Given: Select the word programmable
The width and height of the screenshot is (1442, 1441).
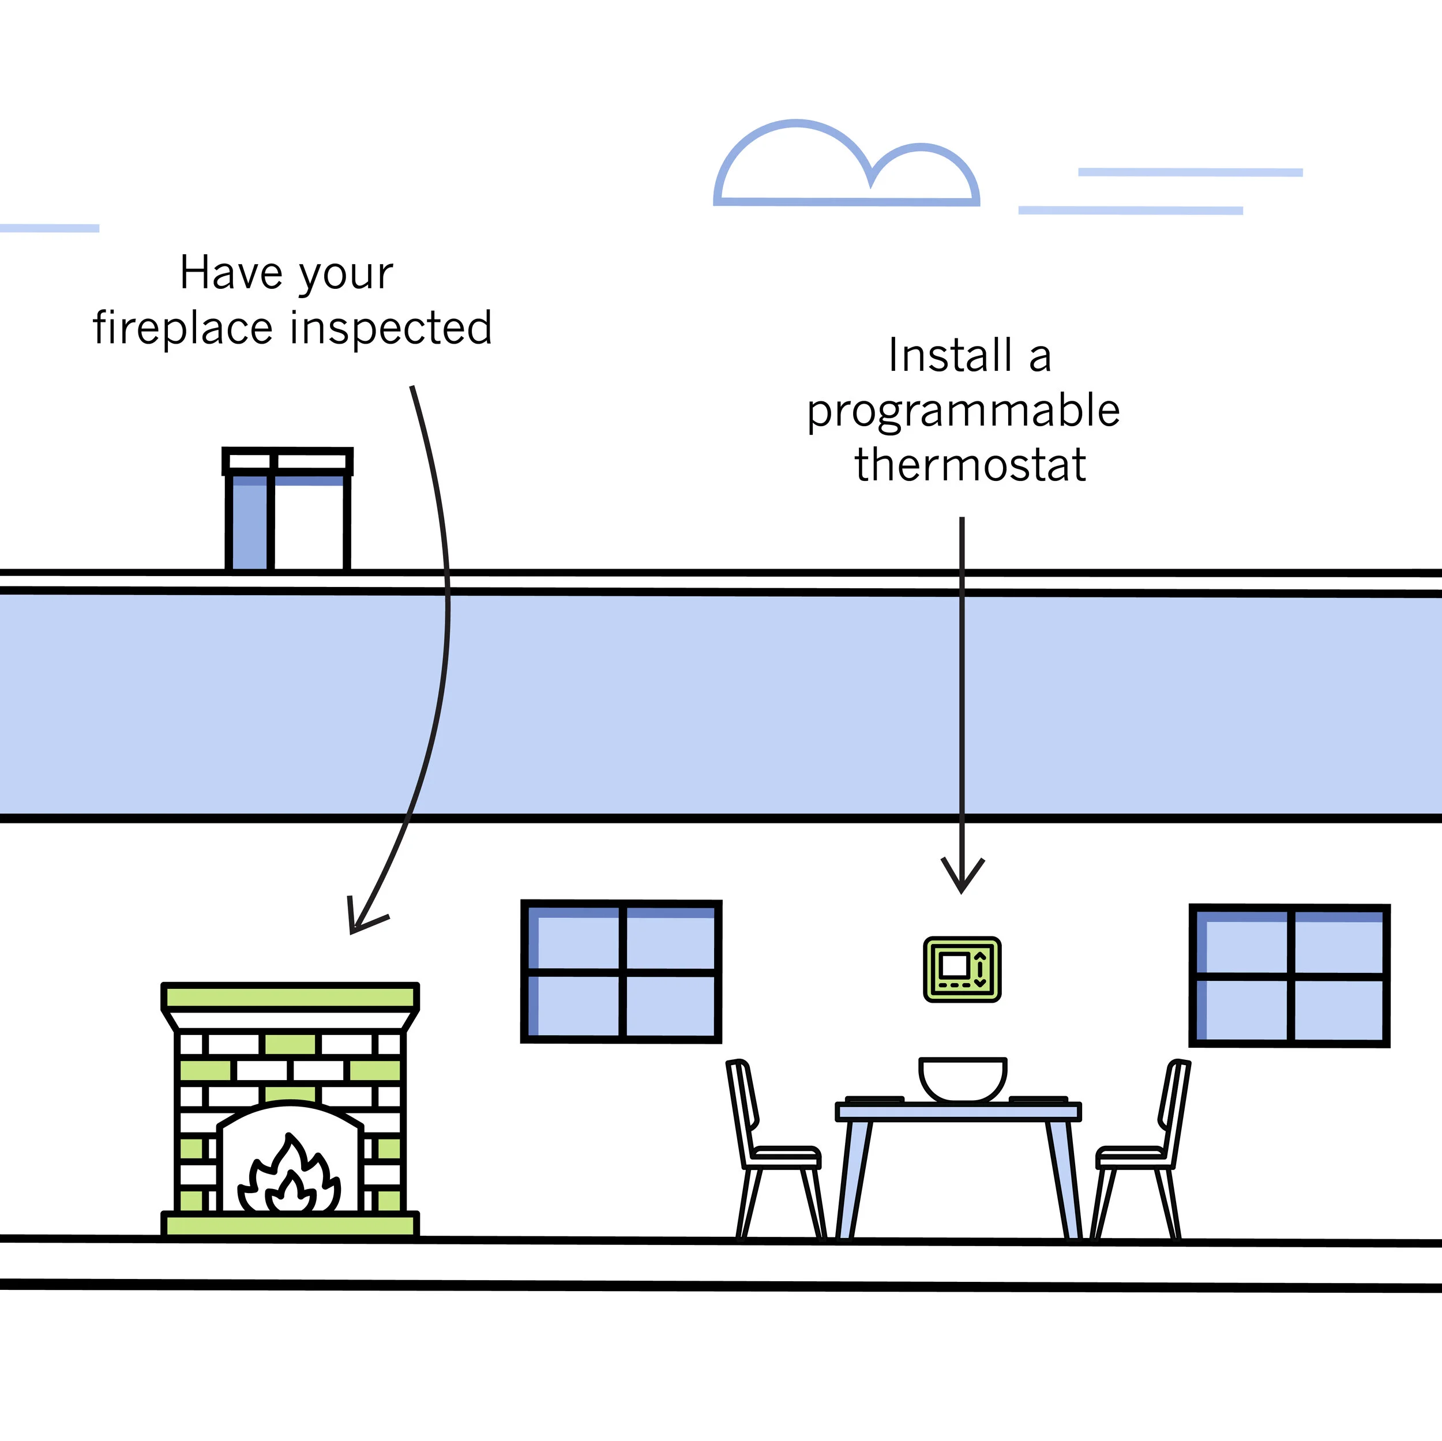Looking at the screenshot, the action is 964,412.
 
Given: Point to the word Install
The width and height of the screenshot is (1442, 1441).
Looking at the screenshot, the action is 949,355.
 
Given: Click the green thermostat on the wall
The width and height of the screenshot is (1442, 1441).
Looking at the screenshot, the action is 962,969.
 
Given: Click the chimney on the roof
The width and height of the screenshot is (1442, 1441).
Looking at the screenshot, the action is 287,509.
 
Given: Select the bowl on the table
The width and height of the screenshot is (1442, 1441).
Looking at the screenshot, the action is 963,1079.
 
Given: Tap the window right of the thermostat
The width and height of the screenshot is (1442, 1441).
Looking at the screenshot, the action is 1289,975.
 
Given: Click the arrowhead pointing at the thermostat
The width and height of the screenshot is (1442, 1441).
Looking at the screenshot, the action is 962,877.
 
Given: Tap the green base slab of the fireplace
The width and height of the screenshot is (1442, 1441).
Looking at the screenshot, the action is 290,1225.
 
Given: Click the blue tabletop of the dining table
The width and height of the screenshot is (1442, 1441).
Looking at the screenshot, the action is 958,1112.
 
